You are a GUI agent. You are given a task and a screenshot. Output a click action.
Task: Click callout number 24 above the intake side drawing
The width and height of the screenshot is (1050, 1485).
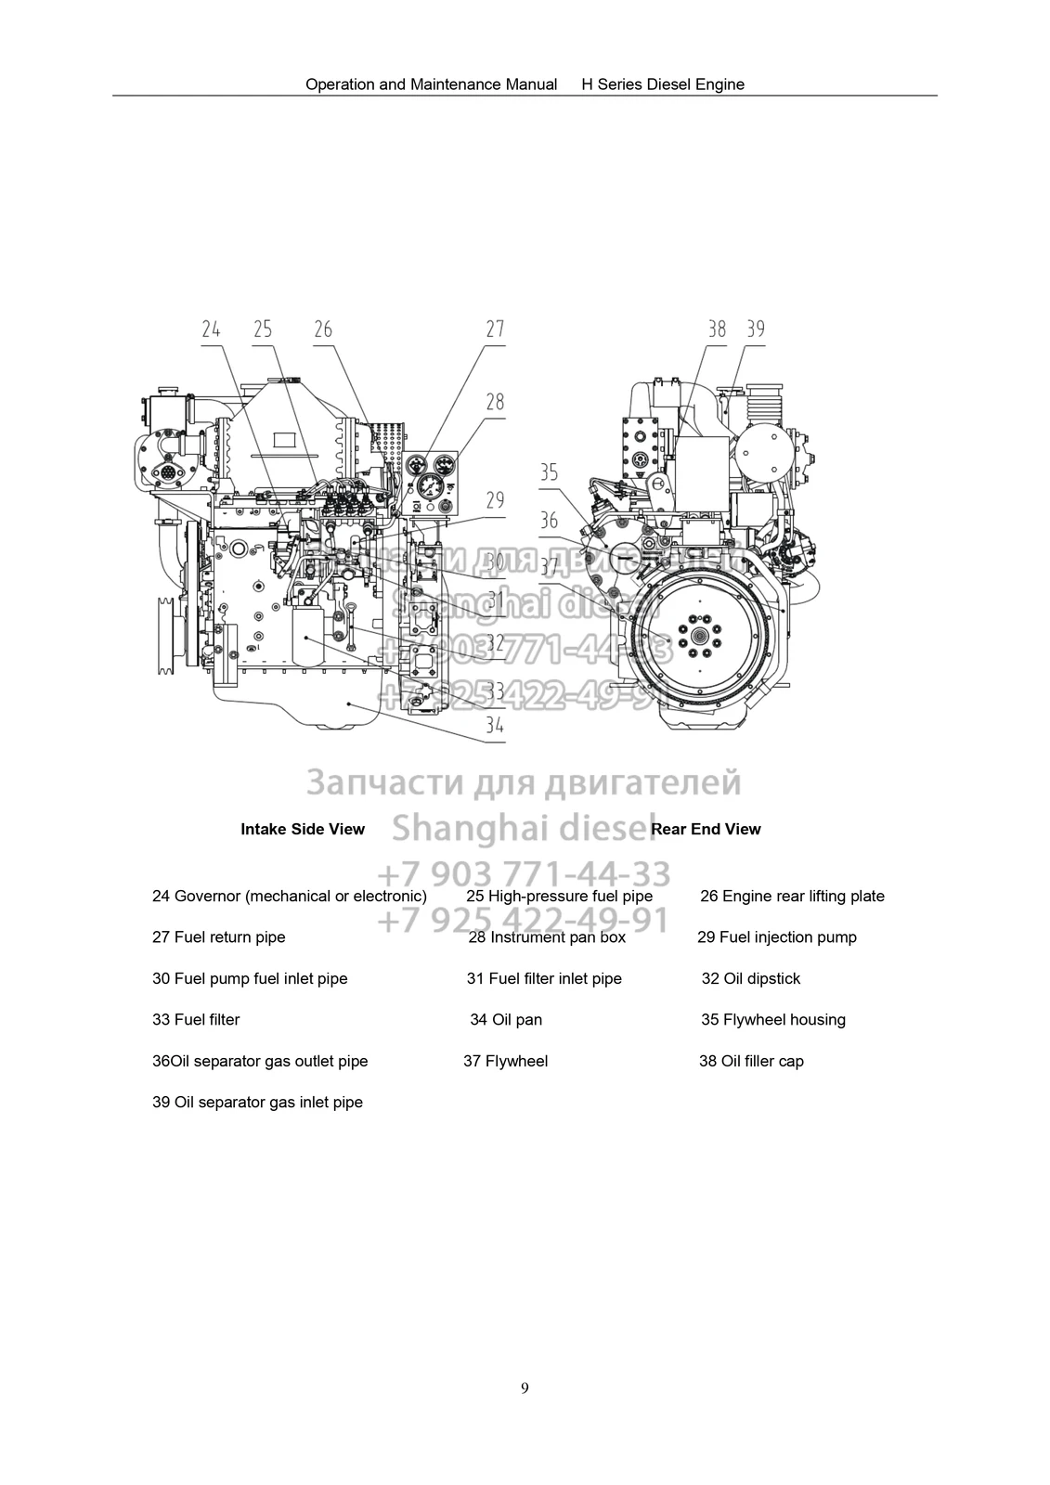[211, 329]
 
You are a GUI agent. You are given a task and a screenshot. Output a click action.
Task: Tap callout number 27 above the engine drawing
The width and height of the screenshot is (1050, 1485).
[495, 329]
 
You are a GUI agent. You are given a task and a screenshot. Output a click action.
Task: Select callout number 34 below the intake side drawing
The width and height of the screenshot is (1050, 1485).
[495, 725]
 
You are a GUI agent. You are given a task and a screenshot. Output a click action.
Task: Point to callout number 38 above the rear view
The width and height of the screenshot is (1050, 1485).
[717, 329]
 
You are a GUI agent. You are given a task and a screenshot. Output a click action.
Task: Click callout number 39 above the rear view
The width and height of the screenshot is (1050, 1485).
[756, 329]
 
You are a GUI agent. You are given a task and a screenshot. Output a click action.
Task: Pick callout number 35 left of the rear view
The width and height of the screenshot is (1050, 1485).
[549, 472]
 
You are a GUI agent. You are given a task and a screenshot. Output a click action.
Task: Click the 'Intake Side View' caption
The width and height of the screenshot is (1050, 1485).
[303, 829]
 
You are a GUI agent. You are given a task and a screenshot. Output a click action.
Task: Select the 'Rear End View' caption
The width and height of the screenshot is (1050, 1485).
[706, 829]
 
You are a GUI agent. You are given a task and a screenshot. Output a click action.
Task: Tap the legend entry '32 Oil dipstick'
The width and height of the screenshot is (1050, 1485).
[750, 978]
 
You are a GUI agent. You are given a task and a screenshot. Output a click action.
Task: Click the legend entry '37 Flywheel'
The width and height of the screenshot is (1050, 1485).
[505, 1061]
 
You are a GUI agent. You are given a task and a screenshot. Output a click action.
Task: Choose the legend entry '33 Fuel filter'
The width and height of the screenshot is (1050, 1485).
[196, 1019]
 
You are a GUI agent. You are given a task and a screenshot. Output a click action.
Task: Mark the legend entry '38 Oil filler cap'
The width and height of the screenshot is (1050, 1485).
[751, 1061]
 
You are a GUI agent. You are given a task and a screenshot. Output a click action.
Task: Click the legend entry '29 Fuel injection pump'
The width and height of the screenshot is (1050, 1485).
[776, 936]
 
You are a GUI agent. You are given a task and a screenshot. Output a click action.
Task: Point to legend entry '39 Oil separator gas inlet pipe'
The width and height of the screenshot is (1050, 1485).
[257, 1102]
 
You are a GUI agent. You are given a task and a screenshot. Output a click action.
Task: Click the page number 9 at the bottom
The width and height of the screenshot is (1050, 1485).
[525, 1388]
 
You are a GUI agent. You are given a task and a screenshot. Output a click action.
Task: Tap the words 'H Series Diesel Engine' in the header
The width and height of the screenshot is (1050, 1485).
[663, 84]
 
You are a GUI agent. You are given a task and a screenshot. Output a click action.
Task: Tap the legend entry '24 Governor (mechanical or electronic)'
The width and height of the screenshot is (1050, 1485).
[289, 896]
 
